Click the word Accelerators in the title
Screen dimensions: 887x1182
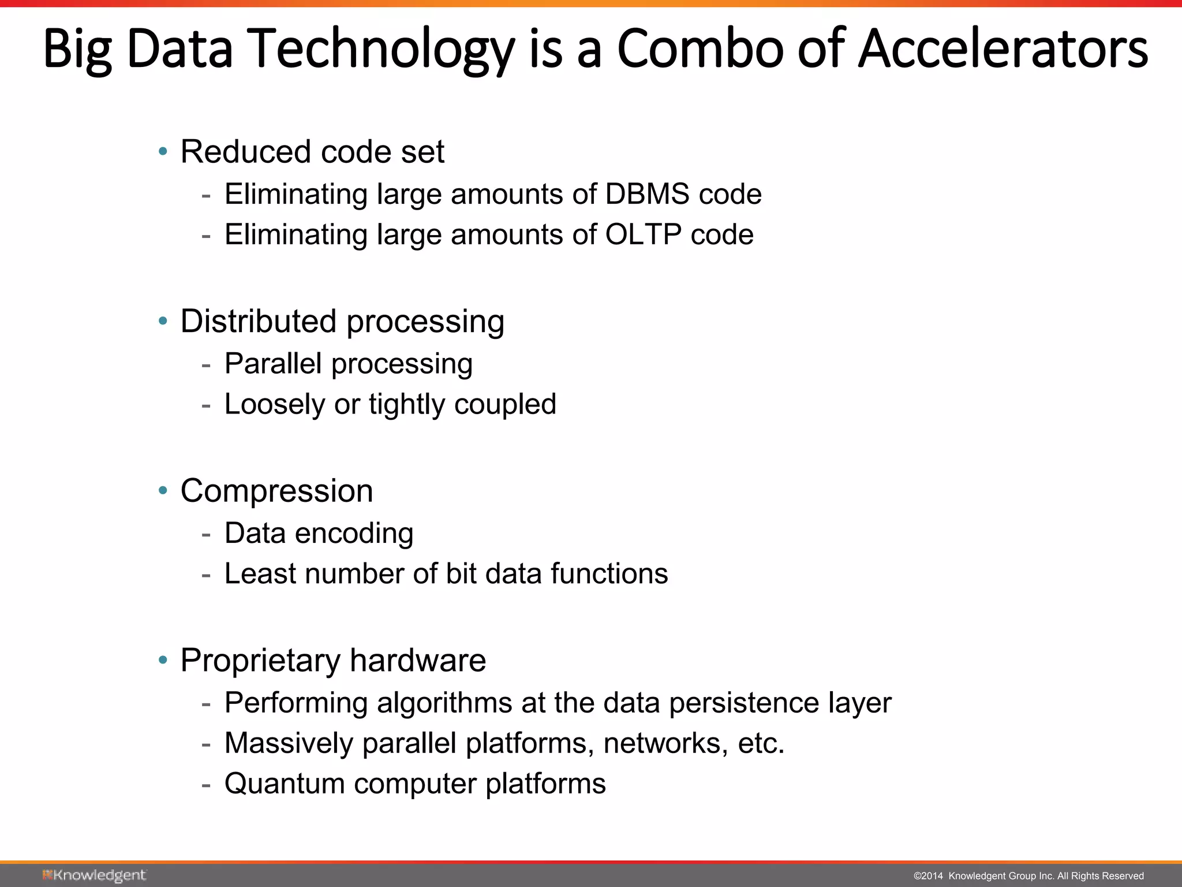click(1003, 49)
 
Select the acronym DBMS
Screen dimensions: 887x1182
click(647, 194)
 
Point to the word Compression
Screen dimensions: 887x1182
click(276, 491)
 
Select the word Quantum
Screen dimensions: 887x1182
click(285, 784)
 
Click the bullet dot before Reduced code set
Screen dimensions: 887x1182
click(163, 152)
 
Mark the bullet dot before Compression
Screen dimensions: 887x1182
click(163, 491)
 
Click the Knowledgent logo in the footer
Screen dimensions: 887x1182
click(94, 875)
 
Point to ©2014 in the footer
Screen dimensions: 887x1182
click(928, 876)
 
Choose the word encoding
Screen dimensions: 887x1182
click(354, 534)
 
